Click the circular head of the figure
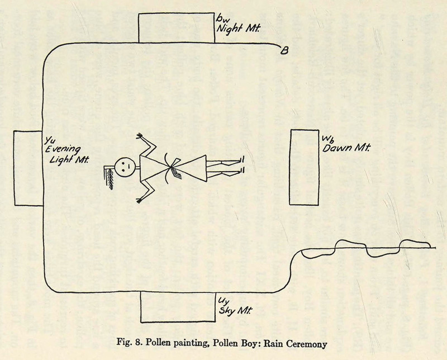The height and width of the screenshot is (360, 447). coord(125,165)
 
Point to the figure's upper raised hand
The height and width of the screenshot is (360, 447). coord(140,138)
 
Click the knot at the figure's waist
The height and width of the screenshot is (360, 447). coord(172,166)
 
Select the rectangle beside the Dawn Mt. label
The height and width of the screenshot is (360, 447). coord(304,167)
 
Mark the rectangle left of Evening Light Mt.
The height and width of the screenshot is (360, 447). coord(28,168)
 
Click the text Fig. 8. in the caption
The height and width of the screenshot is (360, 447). coord(135,342)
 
